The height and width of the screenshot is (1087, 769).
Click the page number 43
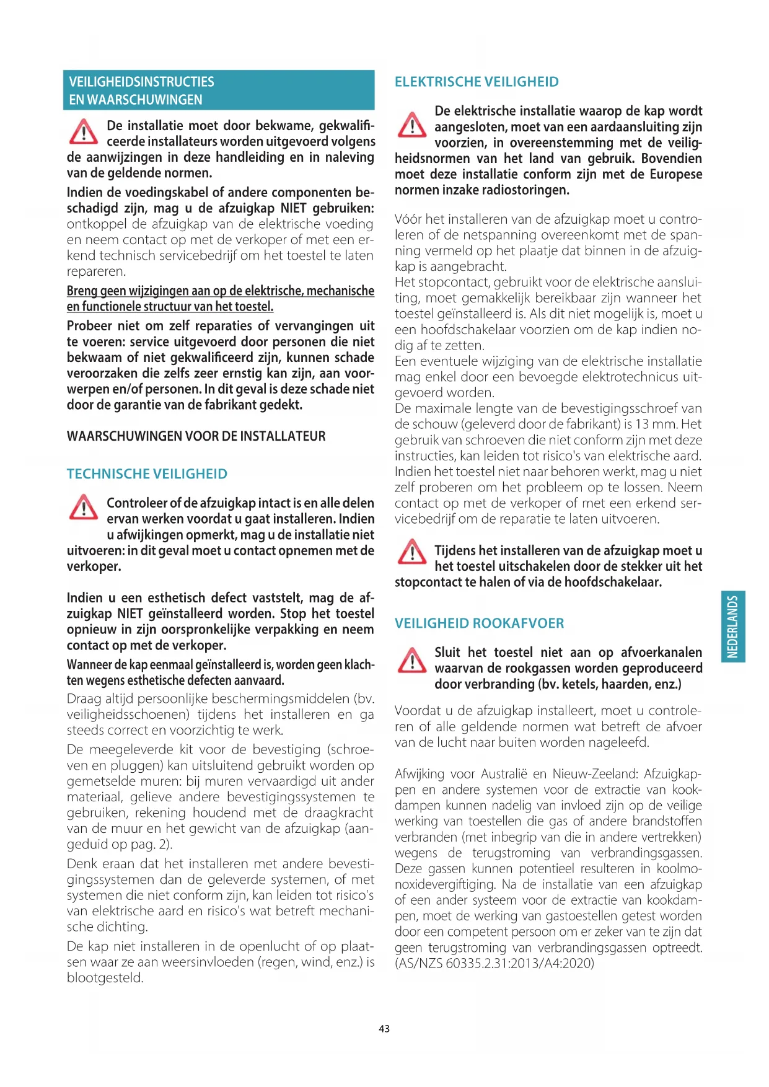click(x=384, y=1028)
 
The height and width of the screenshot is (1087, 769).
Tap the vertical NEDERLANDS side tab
click(x=733, y=627)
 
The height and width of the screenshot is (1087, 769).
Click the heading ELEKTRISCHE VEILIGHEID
click(x=477, y=82)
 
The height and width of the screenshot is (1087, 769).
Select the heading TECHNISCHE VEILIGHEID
click(x=147, y=474)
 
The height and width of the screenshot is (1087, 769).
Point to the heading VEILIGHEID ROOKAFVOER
click(x=479, y=623)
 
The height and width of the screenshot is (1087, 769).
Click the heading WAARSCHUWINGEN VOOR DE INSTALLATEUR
click(x=196, y=436)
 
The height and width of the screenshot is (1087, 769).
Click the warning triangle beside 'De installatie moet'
click(x=83, y=132)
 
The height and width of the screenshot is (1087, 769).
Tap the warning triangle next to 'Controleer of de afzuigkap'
click(x=83, y=508)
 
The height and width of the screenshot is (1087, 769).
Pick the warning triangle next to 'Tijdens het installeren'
click(x=411, y=552)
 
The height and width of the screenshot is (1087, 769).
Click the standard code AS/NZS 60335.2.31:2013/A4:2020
click(x=494, y=964)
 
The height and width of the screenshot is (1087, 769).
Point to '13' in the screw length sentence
click(x=642, y=425)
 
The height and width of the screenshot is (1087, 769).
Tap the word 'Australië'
click(x=505, y=774)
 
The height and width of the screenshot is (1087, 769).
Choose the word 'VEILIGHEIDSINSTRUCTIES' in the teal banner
click(x=141, y=82)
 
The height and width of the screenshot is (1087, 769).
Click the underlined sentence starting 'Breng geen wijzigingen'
click(x=220, y=299)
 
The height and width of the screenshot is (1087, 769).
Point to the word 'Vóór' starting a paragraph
click(x=408, y=219)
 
